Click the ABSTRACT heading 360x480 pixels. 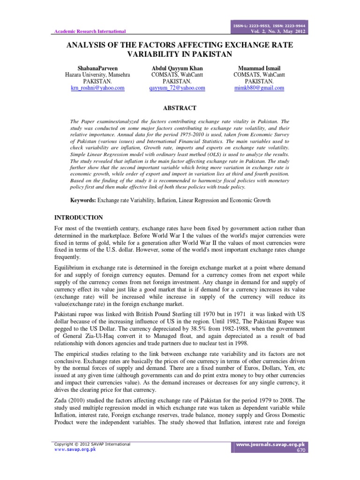tap(180, 108)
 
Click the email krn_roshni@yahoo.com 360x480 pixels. tap(97, 88)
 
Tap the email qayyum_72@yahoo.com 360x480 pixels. tap(177, 88)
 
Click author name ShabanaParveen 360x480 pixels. tap(97, 68)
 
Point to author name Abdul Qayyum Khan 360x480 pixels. tap(177, 68)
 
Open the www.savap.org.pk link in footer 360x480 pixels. tap(75, 449)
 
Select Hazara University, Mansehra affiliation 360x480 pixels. tap(97, 75)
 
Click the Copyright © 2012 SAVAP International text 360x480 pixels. tap(92, 443)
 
